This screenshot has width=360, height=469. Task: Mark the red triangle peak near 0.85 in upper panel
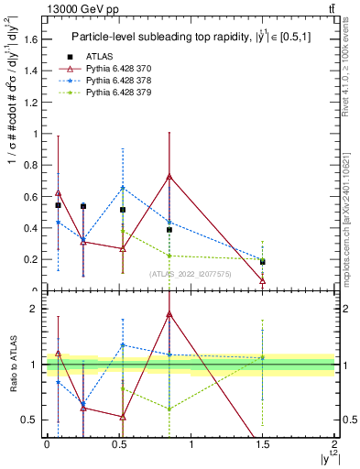pyautogui.click(x=169, y=176)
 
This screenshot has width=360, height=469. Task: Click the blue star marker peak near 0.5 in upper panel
pyautogui.click(x=123, y=188)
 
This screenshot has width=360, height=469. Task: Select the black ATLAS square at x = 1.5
pyautogui.click(x=263, y=262)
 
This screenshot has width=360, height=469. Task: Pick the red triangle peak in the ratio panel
pyautogui.click(x=169, y=314)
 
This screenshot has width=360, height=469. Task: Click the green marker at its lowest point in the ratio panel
pyautogui.click(x=169, y=409)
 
